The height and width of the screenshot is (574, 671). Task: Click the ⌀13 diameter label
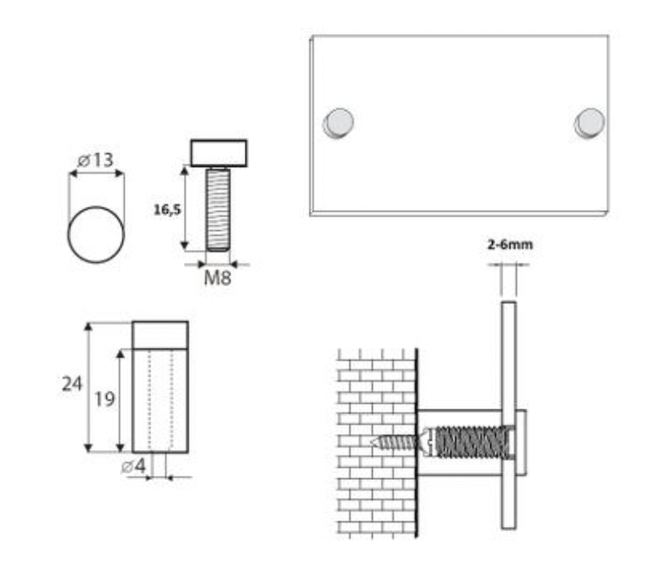point(96,160)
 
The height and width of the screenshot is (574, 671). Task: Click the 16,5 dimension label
point(167,210)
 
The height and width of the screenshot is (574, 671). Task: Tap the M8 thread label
point(217,278)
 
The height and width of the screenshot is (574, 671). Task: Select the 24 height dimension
point(72,384)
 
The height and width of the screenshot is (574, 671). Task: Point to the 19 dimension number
point(105,400)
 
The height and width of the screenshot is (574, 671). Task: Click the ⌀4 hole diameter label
point(134,465)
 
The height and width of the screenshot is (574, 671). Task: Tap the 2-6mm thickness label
point(510,245)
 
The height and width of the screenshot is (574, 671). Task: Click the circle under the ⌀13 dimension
point(96,234)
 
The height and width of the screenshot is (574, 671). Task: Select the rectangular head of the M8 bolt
point(219,152)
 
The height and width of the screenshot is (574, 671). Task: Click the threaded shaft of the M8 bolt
point(218,210)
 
